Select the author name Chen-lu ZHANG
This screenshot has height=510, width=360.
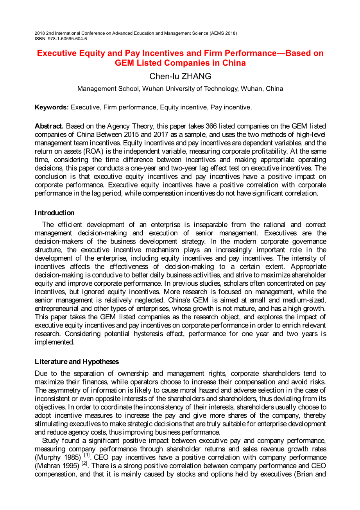[x=180, y=76]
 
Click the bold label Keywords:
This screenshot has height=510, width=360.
[x=52, y=107]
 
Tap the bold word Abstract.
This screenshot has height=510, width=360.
[x=49, y=126]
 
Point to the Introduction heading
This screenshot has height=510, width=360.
[x=54, y=213]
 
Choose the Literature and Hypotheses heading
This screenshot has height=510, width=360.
[x=77, y=361]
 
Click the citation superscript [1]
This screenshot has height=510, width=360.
[x=87, y=455]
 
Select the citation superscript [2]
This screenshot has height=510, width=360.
[x=84, y=463]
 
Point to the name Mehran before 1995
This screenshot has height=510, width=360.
[x=48, y=466]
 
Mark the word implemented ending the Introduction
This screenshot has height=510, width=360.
[x=54, y=342]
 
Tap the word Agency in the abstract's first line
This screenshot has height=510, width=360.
[x=119, y=126]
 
